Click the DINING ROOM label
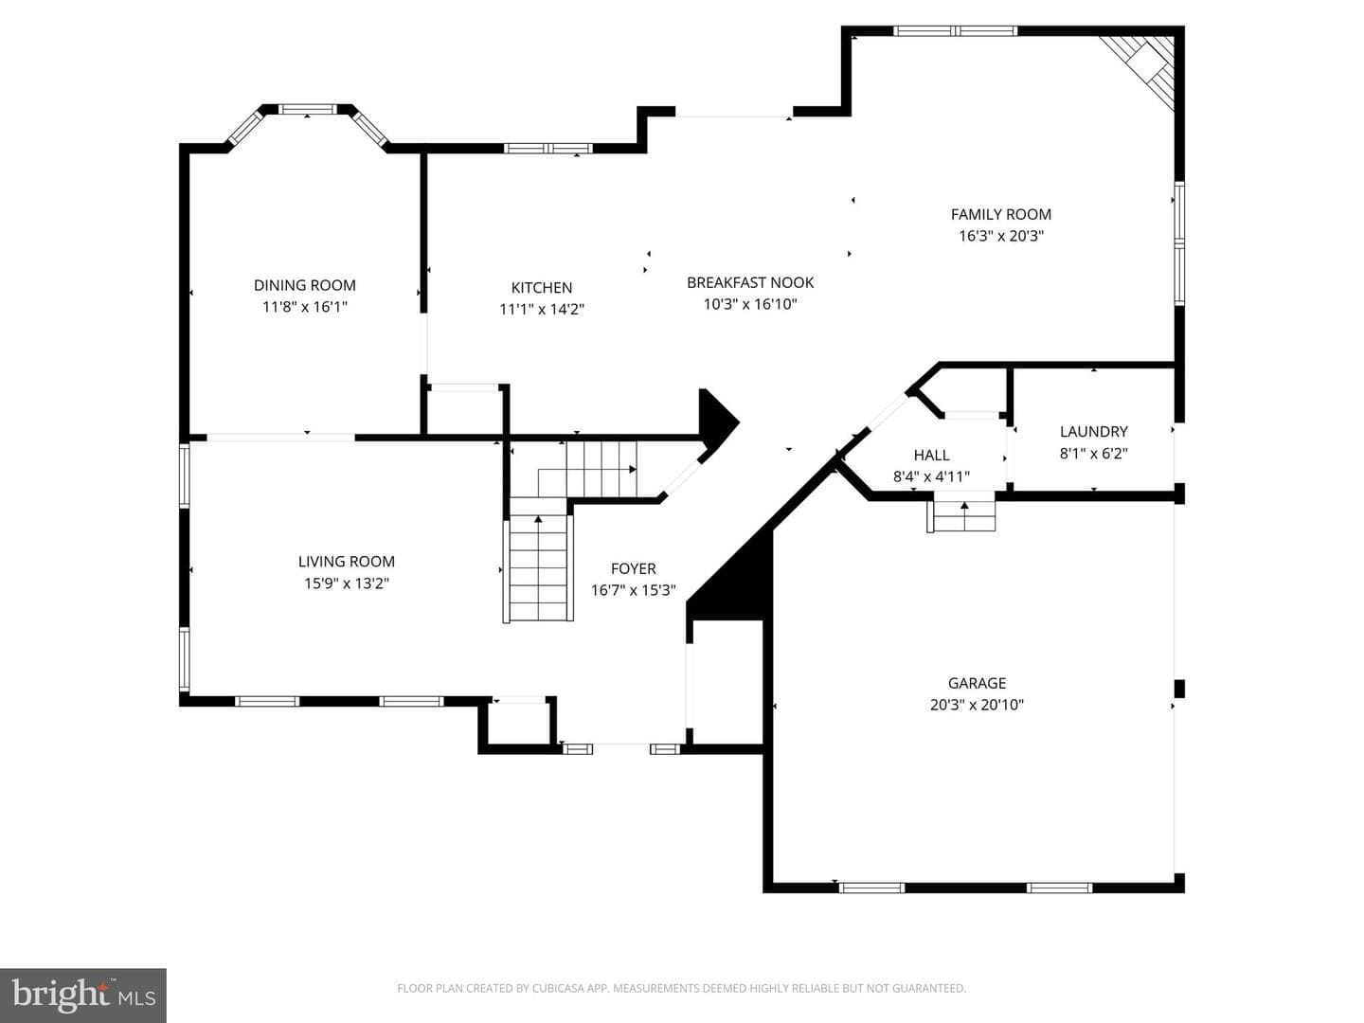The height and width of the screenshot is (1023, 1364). point(304,286)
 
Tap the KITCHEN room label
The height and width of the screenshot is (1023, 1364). point(541,288)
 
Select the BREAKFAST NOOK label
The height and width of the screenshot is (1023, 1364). point(750,282)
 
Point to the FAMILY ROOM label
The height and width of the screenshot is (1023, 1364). point(1000,214)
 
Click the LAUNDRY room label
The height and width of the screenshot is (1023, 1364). point(1094,432)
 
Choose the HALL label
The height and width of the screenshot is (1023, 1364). point(931,456)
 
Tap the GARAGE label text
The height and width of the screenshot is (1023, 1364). point(977,683)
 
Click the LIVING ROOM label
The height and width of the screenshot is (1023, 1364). point(346,562)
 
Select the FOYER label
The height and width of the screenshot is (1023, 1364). point(634,568)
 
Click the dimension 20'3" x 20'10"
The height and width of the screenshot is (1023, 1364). point(977,705)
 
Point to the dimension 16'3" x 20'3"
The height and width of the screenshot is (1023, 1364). point(1000,236)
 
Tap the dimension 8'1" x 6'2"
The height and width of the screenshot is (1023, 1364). point(1094,454)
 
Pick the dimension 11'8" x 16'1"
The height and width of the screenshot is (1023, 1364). point(304,307)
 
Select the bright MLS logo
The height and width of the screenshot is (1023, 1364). point(83,995)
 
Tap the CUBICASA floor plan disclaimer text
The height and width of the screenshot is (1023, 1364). point(682,988)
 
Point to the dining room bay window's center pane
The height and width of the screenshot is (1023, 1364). point(307,109)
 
